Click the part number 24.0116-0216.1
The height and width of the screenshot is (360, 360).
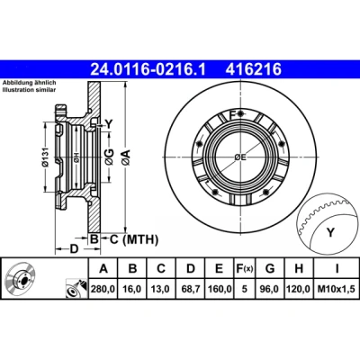click(x=148, y=69)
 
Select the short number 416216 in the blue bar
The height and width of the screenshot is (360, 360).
click(x=254, y=69)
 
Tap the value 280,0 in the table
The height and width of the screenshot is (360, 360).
click(x=103, y=289)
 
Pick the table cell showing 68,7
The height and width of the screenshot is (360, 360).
click(x=191, y=289)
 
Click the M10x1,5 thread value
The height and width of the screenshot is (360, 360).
click(x=337, y=289)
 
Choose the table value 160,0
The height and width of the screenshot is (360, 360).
click(x=220, y=289)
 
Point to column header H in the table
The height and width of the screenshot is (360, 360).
click(x=299, y=268)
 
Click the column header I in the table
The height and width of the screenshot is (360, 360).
click(x=337, y=268)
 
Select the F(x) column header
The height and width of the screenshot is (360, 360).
click(x=244, y=268)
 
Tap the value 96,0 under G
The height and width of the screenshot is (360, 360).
click(x=270, y=289)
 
